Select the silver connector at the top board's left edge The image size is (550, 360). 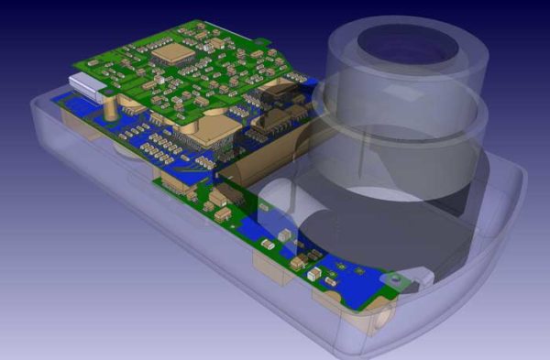coord(90,87)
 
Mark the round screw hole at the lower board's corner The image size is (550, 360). coord(393,277)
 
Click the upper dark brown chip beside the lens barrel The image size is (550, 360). coord(277,92)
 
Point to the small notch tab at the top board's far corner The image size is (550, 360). coord(262,40)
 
